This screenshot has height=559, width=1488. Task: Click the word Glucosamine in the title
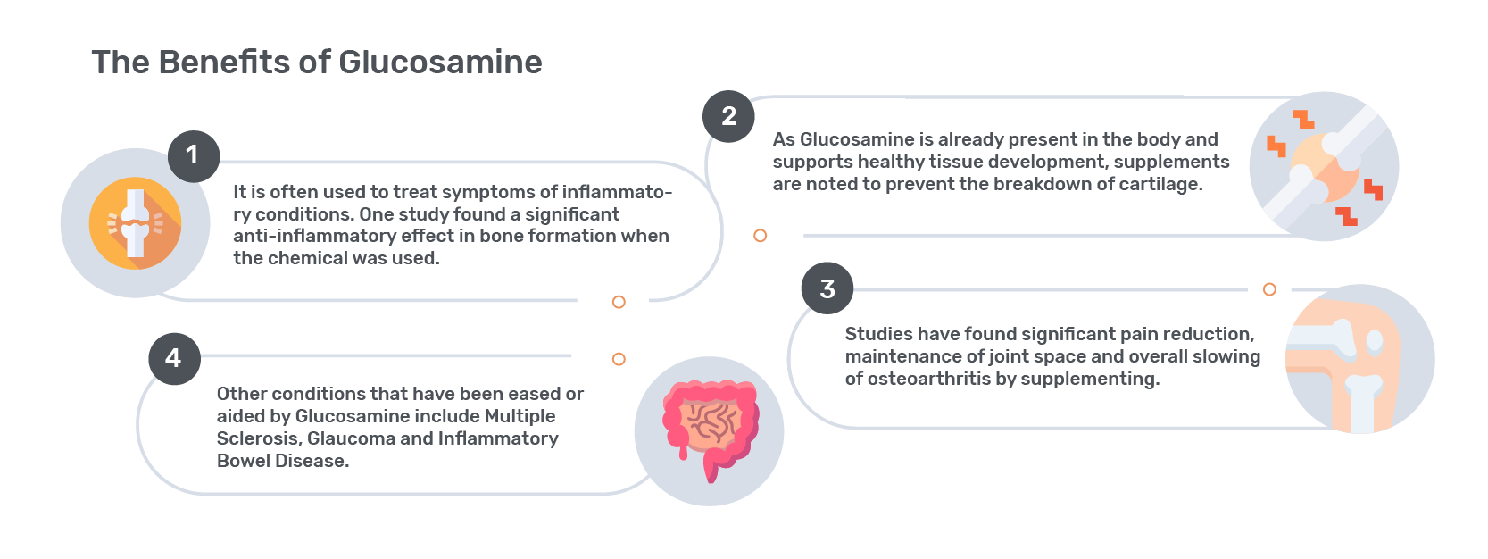(440, 63)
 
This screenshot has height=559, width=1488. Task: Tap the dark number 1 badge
(194, 156)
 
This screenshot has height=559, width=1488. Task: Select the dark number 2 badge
(728, 116)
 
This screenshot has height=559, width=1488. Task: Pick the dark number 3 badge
(827, 288)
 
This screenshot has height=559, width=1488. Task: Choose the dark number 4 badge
(174, 359)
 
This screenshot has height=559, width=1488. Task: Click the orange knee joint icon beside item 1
(135, 223)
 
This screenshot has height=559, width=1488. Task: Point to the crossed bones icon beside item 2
(1324, 166)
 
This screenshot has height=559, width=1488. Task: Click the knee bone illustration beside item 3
(1359, 359)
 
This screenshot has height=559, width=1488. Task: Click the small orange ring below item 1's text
(619, 302)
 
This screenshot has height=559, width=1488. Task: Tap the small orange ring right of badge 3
(1269, 289)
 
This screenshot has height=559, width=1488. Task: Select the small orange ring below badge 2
(760, 236)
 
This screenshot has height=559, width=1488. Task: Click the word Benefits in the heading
(225, 63)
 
